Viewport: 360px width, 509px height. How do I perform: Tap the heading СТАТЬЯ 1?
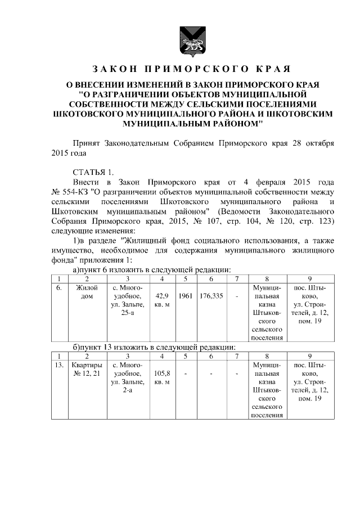[93, 172]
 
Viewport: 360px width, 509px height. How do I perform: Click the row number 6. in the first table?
[59, 288]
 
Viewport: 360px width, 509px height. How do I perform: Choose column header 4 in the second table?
[162, 356]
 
